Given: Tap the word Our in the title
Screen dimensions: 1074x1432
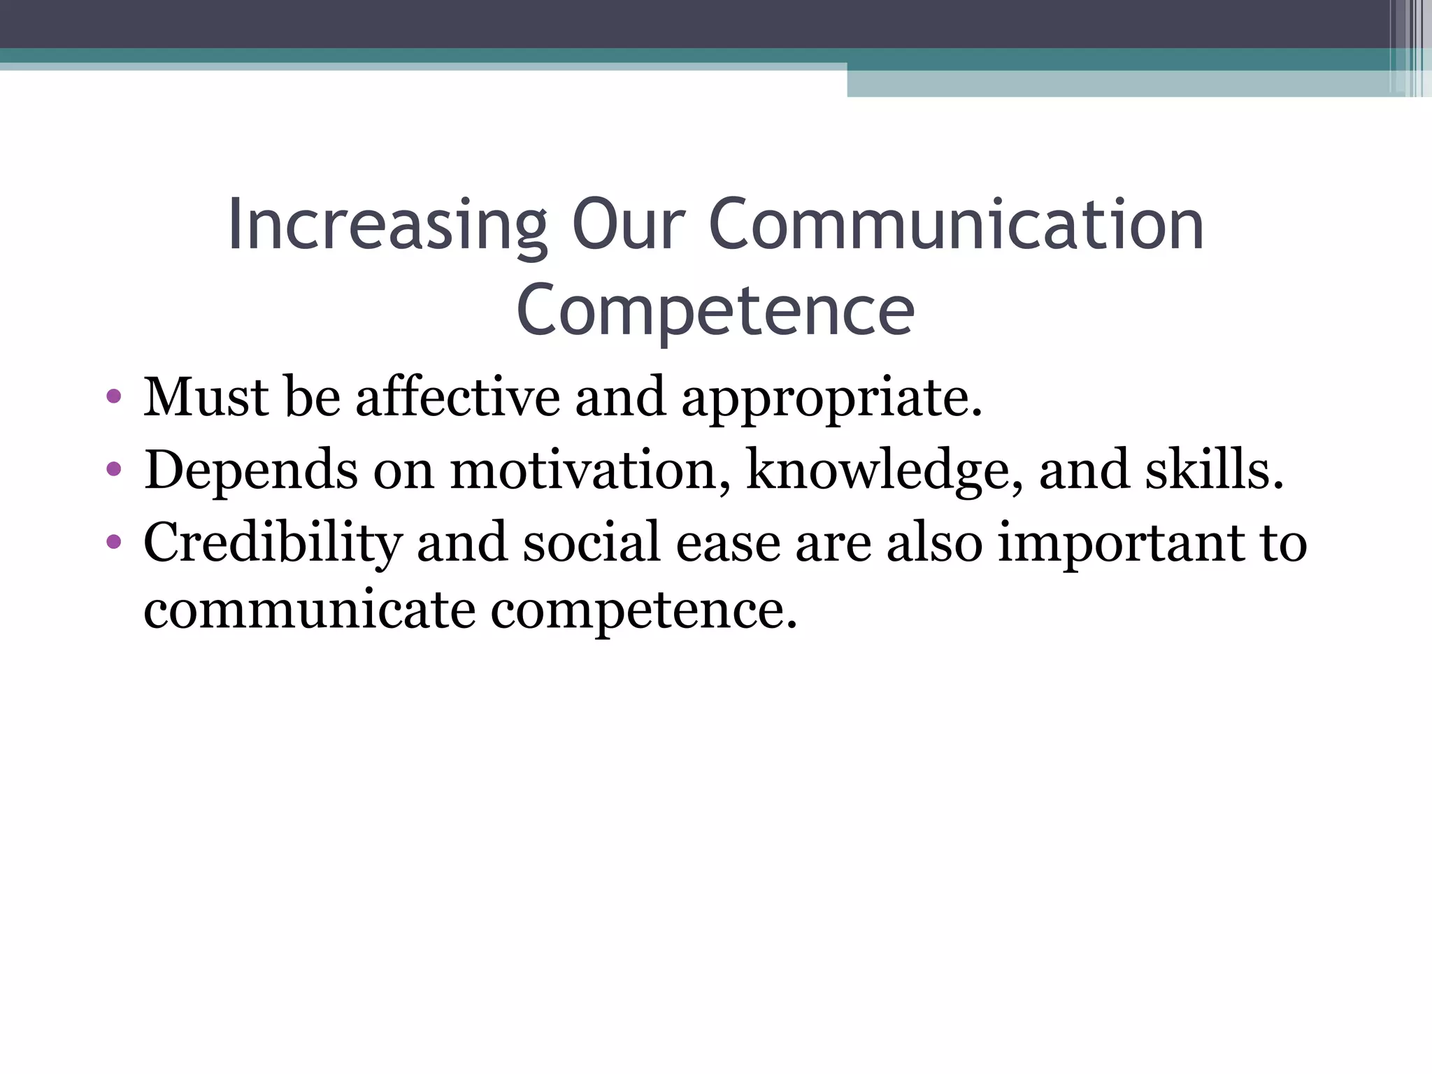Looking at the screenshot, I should (627, 225).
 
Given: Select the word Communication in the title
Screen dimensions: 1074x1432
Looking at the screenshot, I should (956, 225).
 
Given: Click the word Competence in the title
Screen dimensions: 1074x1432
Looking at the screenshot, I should (715, 311).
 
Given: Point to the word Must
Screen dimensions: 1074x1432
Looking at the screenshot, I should (206, 398).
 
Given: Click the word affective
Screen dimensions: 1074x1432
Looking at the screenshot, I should (458, 398).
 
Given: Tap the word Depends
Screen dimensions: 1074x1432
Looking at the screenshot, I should (251, 471).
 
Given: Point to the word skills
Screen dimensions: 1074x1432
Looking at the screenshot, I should (1214, 471).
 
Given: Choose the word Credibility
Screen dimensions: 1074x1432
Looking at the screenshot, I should (273, 544).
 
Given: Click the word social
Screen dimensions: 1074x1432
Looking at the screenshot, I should (592, 543).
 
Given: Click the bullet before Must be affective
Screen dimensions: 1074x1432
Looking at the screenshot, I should (113, 398).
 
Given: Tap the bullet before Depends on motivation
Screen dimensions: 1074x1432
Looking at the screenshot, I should (113, 470).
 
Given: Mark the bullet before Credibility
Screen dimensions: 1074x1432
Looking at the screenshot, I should (113, 543).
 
